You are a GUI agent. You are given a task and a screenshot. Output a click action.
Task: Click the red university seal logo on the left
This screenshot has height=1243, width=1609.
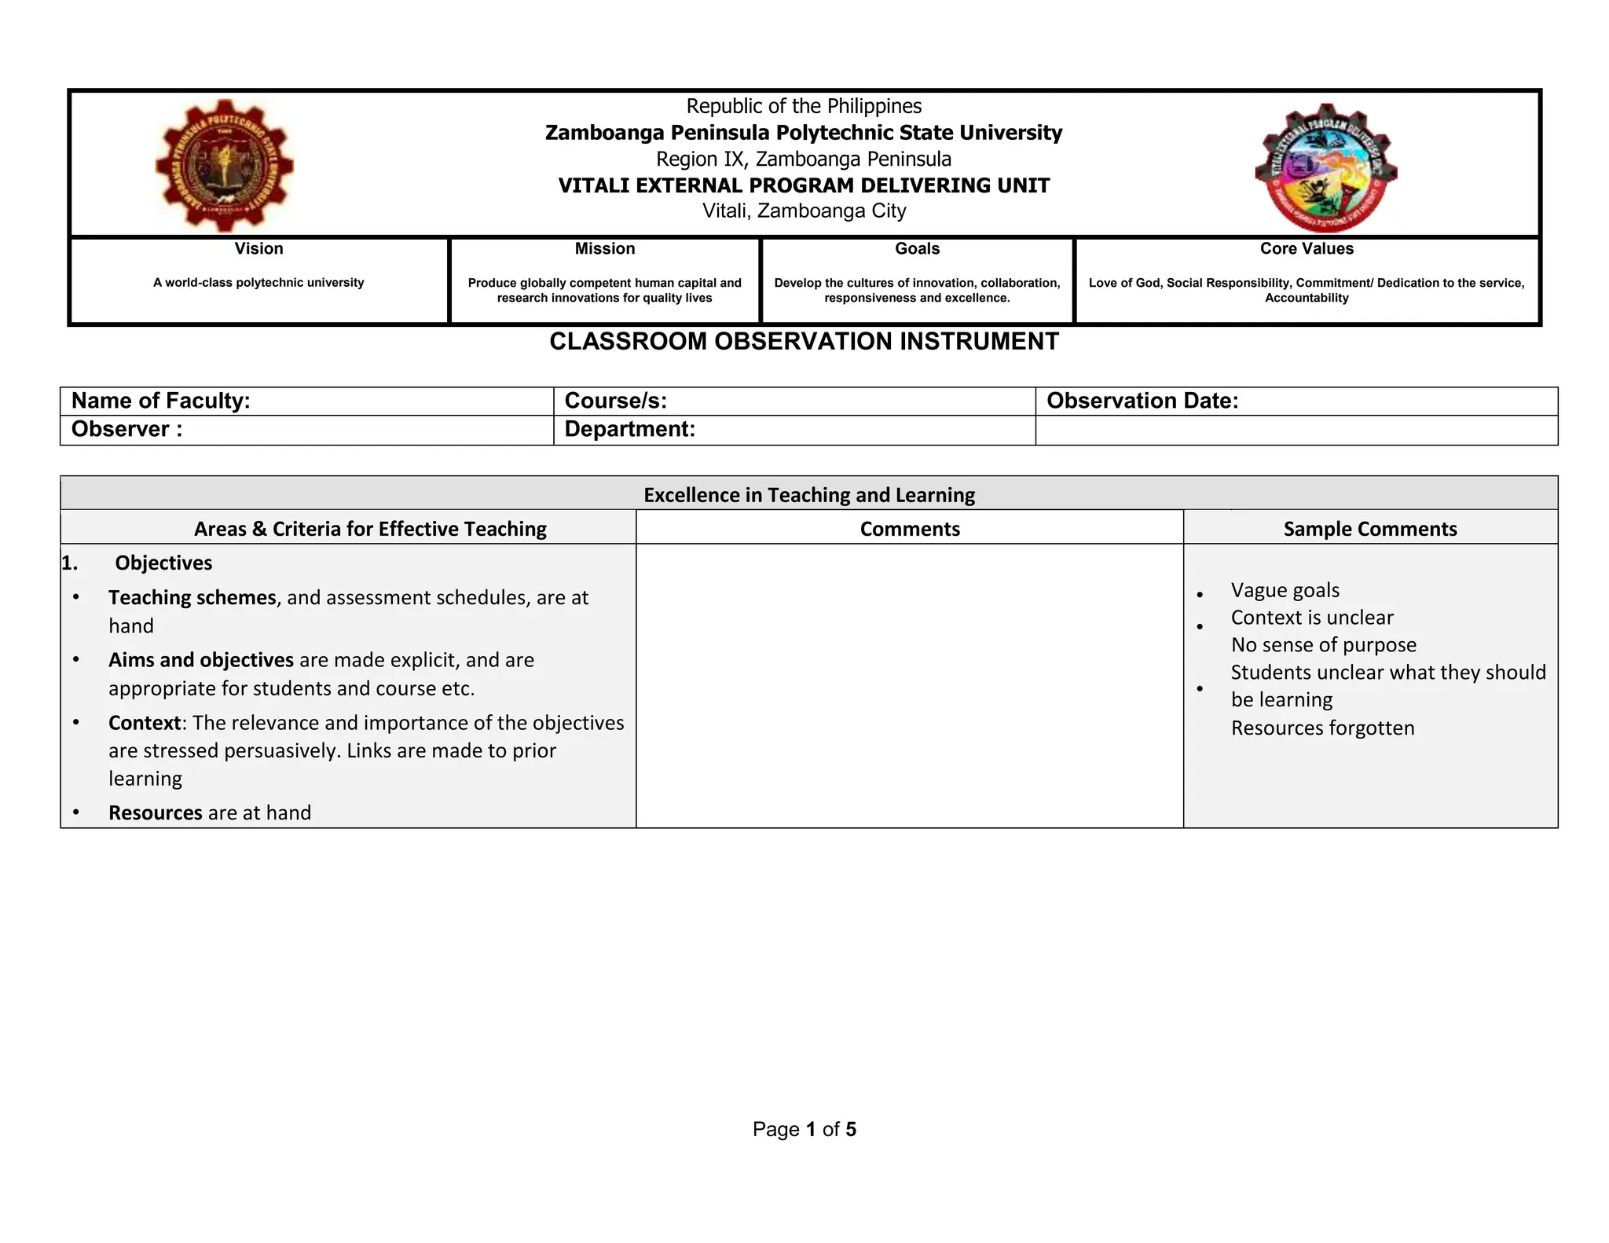[224, 165]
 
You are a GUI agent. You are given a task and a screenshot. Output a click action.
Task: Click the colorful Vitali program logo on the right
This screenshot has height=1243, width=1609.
[1325, 168]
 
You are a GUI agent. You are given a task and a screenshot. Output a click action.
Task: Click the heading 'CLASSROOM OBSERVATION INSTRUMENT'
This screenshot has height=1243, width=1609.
[804, 342]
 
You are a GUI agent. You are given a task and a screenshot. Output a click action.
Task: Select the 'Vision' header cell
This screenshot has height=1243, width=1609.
[258, 249]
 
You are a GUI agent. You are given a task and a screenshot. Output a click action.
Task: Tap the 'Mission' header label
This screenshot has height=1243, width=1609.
[604, 249]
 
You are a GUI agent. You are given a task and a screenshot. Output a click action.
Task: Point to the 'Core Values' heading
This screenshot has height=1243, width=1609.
[1307, 249]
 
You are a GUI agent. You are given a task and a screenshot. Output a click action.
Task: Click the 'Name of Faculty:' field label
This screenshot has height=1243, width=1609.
[161, 401]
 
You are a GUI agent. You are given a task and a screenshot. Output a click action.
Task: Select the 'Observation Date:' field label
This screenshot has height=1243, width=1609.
[1142, 401]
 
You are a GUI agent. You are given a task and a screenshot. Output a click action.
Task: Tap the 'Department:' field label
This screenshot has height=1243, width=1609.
[629, 429]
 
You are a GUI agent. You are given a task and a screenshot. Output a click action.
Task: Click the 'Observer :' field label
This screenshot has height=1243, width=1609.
[126, 429]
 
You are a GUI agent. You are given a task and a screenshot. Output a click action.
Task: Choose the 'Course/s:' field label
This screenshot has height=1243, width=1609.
[615, 401]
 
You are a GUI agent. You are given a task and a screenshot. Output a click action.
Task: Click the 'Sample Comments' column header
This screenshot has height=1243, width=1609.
[1369, 529]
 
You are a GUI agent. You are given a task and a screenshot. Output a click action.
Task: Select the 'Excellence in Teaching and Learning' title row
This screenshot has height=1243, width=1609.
[808, 495]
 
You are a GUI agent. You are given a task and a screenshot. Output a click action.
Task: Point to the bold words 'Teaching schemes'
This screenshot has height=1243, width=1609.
[192, 597]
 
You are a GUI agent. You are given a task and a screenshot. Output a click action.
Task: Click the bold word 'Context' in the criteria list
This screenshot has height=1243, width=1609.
[145, 722]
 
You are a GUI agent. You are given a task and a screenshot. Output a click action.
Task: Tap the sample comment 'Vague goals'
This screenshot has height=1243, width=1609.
[1285, 590]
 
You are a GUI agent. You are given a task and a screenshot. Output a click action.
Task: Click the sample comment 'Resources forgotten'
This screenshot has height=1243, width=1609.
[1322, 728]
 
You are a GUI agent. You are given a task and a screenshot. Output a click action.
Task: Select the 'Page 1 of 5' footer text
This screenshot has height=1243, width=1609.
[804, 1129]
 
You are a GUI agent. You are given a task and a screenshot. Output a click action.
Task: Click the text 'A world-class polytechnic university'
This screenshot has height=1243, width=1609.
[258, 283]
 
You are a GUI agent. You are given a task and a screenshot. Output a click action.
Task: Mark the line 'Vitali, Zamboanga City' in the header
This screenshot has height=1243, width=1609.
[804, 211]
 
